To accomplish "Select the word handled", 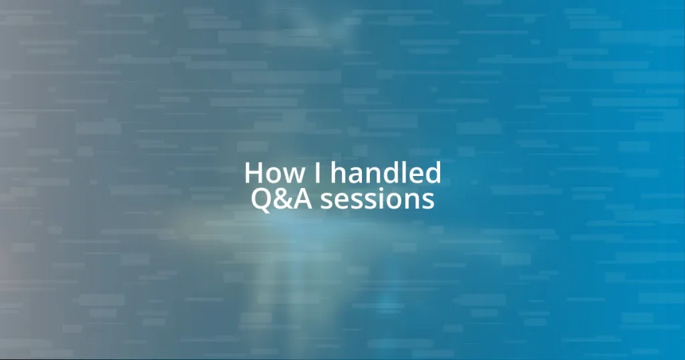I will point(386,174).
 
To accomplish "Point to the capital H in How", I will point(254,174).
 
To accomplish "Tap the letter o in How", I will point(273,177).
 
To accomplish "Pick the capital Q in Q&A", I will point(262,199).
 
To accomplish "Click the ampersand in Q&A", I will point(282,199).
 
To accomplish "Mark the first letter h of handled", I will point(338,174).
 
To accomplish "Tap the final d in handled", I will point(433,174).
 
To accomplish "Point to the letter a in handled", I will point(355,177).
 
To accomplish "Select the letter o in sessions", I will point(393,202).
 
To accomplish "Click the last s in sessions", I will point(428,202).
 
